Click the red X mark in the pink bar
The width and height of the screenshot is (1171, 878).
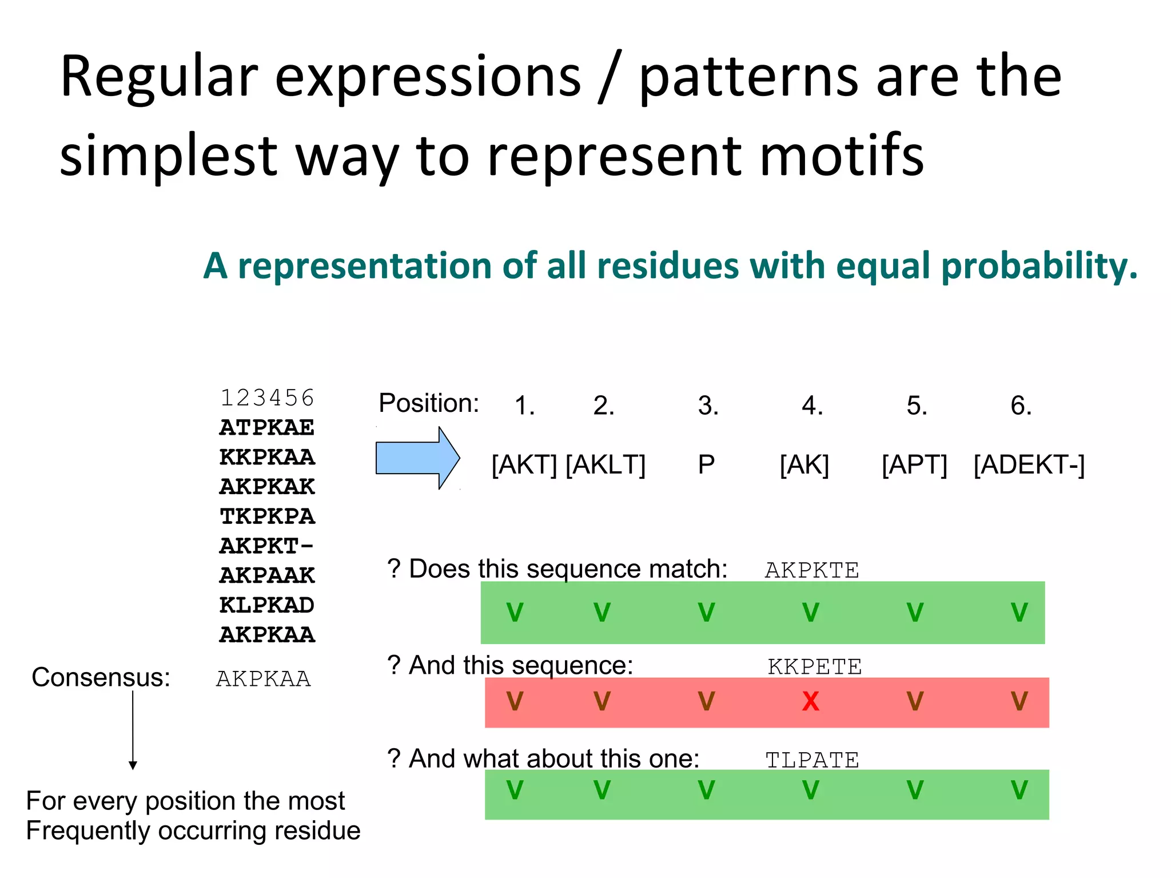click(x=810, y=701)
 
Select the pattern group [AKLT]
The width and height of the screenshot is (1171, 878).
click(x=606, y=464)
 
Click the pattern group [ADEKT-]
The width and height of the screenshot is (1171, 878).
click(x=1029, y=464)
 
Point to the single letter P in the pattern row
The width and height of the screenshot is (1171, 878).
click(x=706, y=464)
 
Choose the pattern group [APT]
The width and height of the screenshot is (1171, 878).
click(x=914, y=464)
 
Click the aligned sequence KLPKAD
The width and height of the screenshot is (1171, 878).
click(x=267, y=605)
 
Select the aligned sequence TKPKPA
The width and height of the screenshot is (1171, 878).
click(x=267, y=517)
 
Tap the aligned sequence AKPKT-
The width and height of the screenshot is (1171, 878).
click(x=267, y=546)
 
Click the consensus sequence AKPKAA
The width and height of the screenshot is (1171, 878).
click(x=264, y=679)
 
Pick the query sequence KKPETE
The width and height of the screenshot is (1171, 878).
click(x=814, y=667)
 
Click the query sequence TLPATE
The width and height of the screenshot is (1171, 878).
click(x=812, y=760)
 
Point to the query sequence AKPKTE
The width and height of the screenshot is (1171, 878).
click(x=812, y=570)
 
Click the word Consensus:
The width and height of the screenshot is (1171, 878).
click(x=101, y=677)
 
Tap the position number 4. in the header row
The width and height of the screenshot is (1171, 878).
click(x=812, y=406)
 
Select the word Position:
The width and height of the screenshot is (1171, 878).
click(x=429, y=403)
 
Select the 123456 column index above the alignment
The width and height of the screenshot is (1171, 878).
click(x=267, y=398)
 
